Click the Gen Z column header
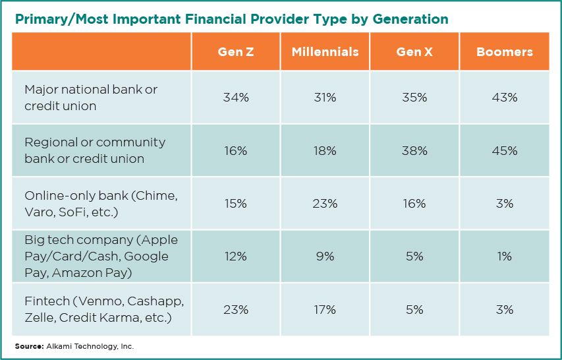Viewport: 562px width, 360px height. click(236, 52)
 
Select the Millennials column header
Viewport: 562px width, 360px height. click(325, 52)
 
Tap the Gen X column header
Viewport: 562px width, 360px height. click(414, 52)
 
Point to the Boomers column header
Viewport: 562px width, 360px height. click(504, 52)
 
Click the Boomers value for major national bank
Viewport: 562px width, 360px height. click(504, 98)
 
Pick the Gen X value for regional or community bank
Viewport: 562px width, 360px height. click(414, 150)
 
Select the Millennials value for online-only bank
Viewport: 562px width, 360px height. click(325, 204)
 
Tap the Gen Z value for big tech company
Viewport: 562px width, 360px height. click(236, 256)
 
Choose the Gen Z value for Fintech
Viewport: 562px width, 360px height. click(236, 309)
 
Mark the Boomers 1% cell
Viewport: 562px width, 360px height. click(504, 256)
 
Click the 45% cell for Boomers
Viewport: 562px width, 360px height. click(504, 150)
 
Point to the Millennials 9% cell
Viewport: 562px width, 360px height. click(325, 256)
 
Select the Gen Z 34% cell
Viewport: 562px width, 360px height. click(236, 98)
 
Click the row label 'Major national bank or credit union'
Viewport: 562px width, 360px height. click(91, 98)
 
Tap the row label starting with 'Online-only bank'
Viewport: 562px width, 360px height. click(101, 204)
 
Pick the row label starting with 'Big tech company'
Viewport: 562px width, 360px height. click(101, 256)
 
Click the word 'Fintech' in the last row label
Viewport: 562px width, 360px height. click(47, 301)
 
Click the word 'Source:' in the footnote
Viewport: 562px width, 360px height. click(30, 347)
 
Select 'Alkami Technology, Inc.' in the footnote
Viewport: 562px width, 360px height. click(90, 347)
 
